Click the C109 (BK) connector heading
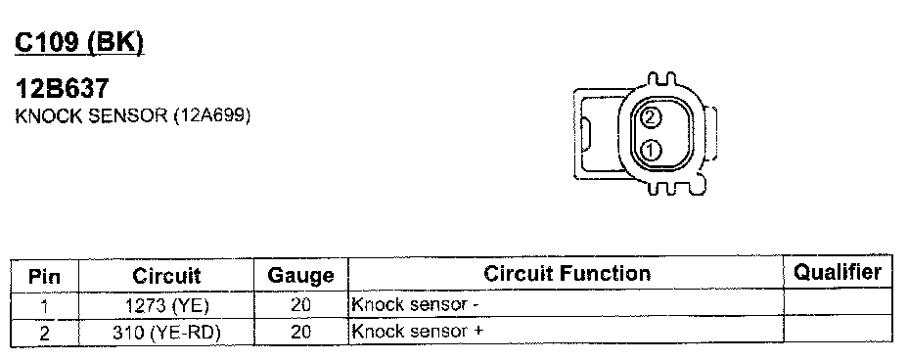pyautogui.click(x=79, y=44)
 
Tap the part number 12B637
pyautogui.click(x=62, y=89)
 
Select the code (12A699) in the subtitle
pyautogui.click(x=212, y=115)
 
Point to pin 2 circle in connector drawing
pyautogui.click(x=651, y=117)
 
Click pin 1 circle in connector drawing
pyautogui.click(x=651, y=151)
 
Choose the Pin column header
pyautogui.click(x=45, y=276)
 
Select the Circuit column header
pyautogui.click(x=166, y=276)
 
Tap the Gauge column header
pyautogui.click(x=301, y=276)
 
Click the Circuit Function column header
pyautogui.click(x=567, y=273)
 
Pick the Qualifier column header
pyautogui.click(x=838, y=271)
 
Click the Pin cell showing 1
pyautogui.click(x=45, y=305)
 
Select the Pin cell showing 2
pyautogui.click(x=45, y=333)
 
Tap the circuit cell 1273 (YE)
pyautogui.click(x=166, y=305)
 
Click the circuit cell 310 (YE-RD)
pyautogui.click(x=166, y=333)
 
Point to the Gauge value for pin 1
pyautogui.click(x=301, y=305)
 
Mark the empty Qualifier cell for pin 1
pyautogui.click(x=838, y=301)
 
